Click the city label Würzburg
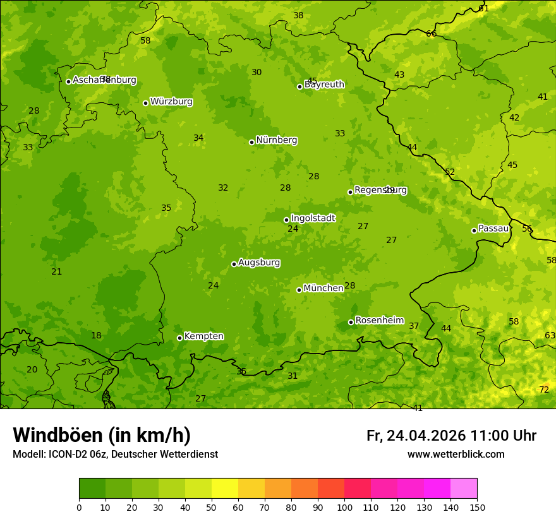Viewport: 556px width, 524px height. click(x=171, y=102)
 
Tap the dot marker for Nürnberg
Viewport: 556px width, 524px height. click(x=251, y=142)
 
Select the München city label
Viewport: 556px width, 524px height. click(x=323, y=289)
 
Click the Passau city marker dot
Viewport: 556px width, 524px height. click(x=474, y=230)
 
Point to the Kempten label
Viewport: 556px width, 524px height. click(x=203, y=336)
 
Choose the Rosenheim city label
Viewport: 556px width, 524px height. click(x=379, y=321)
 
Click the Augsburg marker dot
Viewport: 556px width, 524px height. click(x=234, y=264)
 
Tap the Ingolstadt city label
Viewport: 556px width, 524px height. click(x=313, y=218)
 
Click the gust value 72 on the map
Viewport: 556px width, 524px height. click(x=544, y=390)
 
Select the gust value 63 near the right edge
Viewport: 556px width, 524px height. click(x=550, y=336)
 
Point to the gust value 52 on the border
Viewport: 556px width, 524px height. click(x=450, y=172)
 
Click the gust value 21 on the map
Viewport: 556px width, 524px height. click(x=57, y=272)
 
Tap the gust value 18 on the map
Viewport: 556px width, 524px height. click(x=96, y=336)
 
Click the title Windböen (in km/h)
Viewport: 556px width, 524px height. click(x=102, y=435)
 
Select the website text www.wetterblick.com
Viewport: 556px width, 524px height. click(x=456, y=455)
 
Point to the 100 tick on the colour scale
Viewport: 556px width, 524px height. click(x=344, y=507)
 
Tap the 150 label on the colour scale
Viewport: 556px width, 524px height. click(x=477, y=507)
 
